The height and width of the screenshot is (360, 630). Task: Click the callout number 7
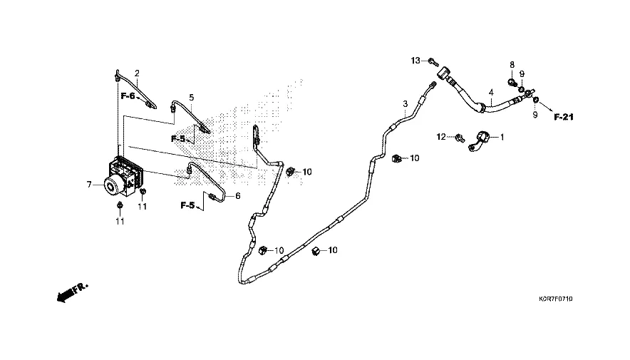click(x=90, y=185)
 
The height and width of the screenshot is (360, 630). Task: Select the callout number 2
click(x=137, y=73)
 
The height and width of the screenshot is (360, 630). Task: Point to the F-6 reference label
click(x=128, y=96)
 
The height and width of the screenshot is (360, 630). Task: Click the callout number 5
click(x=191, y=97)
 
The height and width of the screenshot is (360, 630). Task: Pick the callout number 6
click(x=238, y=196)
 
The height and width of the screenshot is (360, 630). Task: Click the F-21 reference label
click(x=564, y=117)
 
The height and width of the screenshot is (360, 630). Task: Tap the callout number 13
click(x=415, y=60)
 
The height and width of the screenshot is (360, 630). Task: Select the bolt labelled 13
click(x=433, y=62)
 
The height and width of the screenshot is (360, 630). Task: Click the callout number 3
click(x=405, y=104)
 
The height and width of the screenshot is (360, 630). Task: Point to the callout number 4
click(x=490, y=93)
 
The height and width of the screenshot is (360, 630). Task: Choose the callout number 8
click(x=512, y=65)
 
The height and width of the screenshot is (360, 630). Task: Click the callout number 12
click(x=441, y=136)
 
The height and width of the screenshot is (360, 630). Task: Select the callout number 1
click(x=501, y=136)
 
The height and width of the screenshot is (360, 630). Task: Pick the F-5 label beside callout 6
click(x=187, y=205)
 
